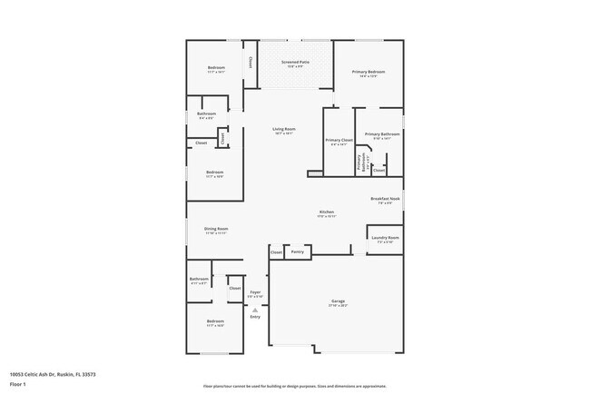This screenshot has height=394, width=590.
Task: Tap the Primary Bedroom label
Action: [x=369, y=73]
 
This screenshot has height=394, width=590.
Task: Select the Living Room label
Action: [x=284, y=130]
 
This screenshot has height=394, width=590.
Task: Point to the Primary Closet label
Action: [x=339, y=141]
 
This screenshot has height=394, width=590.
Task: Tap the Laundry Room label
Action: [x=384, y=239]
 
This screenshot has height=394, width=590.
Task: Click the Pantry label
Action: [x=297, y=251]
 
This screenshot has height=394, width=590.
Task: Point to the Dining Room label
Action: [x=216, y=230]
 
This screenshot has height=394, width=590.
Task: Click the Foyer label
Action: [x=256, y=292]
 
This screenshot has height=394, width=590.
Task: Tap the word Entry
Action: [x=255, y=316]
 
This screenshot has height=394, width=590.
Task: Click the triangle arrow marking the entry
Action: [x=255, y=309]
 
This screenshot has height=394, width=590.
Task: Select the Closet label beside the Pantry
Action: [x=276, y=251]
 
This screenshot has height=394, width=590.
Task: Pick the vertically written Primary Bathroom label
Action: [x=360, y=163]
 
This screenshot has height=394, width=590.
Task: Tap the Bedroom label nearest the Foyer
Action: [x=215, y=322]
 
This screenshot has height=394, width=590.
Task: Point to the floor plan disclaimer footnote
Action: [x=295, y=385]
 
